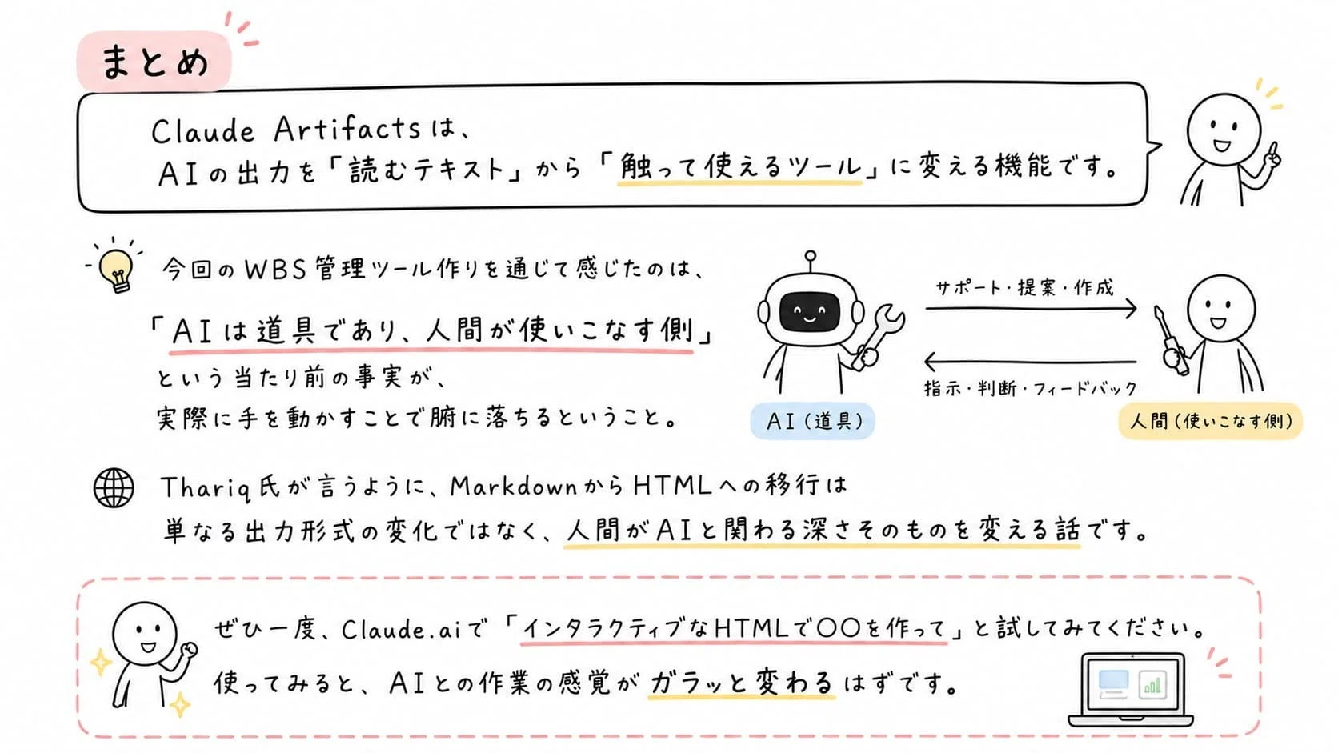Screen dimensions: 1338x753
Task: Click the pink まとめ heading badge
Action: click(154, 62)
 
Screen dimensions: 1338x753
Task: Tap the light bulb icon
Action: click(117, 270)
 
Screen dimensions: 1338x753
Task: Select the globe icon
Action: click(114, 488)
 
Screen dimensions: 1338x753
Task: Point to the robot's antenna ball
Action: click(810, 256)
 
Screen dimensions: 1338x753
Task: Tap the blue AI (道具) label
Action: click(812, 421)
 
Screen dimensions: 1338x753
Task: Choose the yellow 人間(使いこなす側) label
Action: click(1210, 421)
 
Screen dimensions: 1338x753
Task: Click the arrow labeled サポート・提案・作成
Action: click(1031, 308)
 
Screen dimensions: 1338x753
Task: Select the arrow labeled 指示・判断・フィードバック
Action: click(1030, 361)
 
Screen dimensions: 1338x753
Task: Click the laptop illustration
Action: click(1130, 690)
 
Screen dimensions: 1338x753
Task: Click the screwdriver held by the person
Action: click(1168, 340)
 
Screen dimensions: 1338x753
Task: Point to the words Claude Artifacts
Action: click(286, 130)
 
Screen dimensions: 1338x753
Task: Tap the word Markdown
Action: click(513, 487)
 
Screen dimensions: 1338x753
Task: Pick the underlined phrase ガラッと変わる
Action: click(741, 683)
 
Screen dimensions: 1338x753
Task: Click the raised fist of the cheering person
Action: click(190, 649)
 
